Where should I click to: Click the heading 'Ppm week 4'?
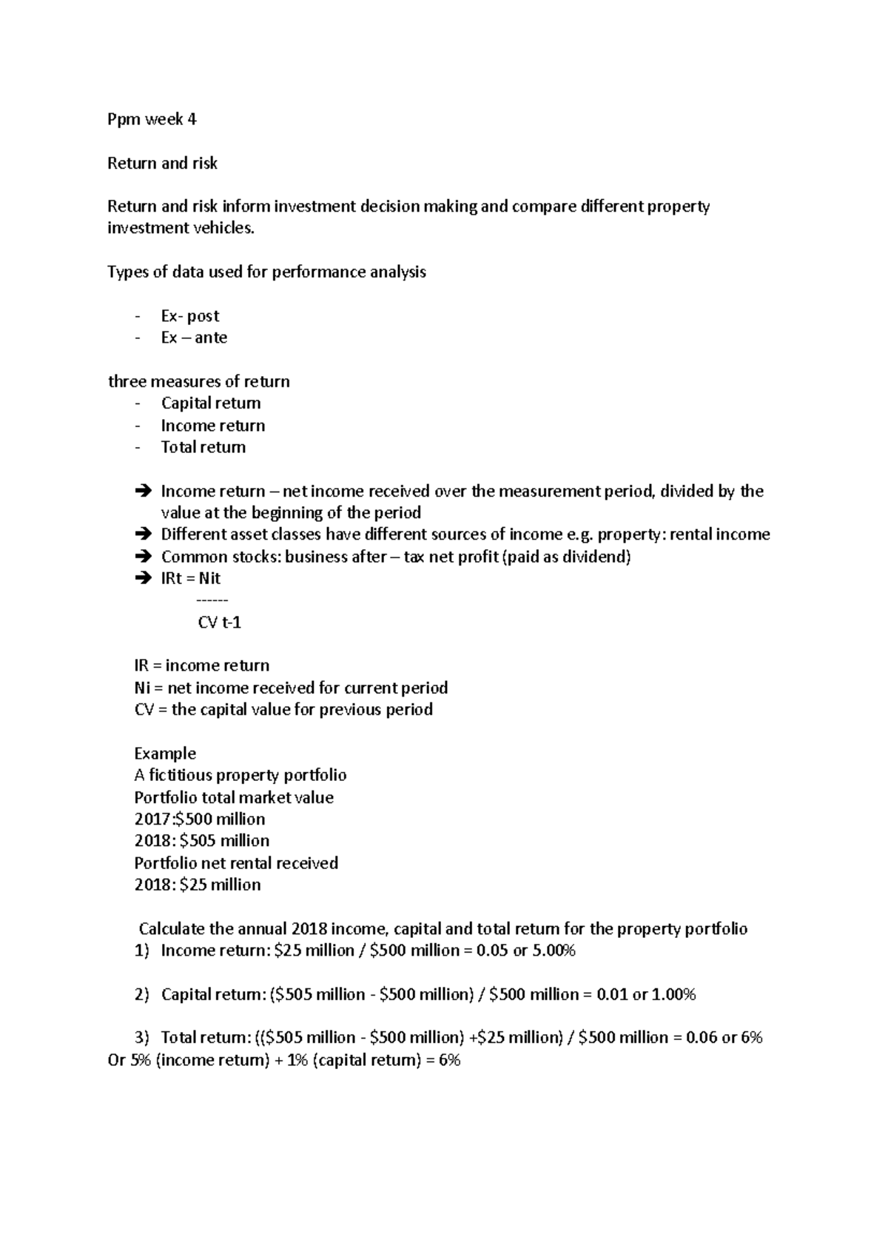(152, 120)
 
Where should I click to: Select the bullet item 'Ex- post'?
(190, 316)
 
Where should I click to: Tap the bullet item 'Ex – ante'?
(194, 338)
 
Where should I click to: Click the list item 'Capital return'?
(211, 403)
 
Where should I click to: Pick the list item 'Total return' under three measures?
(203, 447)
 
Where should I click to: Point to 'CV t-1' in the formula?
(220, 623)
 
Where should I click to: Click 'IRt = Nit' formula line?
(190, 578)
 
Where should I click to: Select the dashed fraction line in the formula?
(213, 600)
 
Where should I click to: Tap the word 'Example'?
(165, 754)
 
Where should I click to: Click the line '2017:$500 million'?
(200, 819)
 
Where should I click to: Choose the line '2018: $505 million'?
(201, 841)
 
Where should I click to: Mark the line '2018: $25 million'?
(198, 885)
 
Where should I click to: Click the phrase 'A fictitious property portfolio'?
(240, 775)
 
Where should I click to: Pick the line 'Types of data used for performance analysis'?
(266, 272)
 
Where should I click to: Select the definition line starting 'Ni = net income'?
(291, 688)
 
